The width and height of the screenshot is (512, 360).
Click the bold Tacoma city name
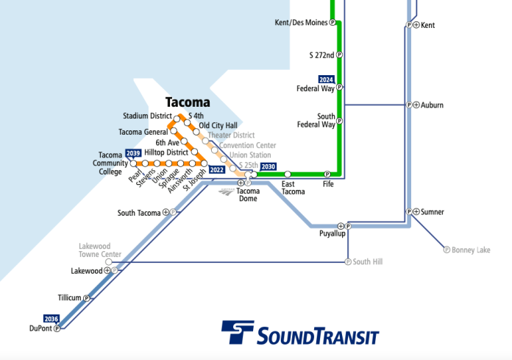[188, 102]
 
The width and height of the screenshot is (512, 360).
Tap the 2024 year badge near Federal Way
[326, 79]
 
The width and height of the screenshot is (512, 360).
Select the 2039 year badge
[133, 153]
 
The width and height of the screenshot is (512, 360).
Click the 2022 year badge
[216, 169]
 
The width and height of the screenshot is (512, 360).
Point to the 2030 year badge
[269, 166]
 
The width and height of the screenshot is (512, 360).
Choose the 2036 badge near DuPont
[51, 319]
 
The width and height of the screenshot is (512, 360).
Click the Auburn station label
[432, 105]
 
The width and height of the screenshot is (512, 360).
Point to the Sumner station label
[433, 212]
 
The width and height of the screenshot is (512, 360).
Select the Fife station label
[328, 184]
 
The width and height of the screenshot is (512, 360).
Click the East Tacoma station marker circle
[288, 174]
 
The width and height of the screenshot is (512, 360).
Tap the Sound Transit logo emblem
[238, 333]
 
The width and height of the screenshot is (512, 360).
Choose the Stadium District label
[146, 116]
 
